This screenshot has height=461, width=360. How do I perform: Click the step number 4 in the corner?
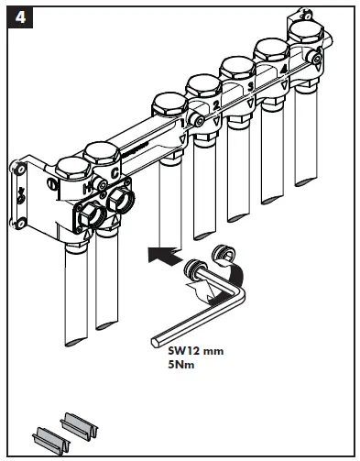pyautogui.click(x=20, y=17)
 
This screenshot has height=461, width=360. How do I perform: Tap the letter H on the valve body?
pyautogui.click(x=87, y=189)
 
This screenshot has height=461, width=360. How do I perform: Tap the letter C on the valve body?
pyautogui.click(x=115, y=173)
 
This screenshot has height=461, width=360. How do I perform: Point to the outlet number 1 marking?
pyautogui.click(x=182, y=124)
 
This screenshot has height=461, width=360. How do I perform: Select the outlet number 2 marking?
pyautogui.click(x=216, y=105)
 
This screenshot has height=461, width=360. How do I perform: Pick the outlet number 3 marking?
pyautogui.click(x=250, y=87)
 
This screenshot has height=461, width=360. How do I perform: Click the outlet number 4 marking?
pyautogui.click(x=284, y=70)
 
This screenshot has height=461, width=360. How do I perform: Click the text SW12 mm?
pyautogui.click(x=196, y=351)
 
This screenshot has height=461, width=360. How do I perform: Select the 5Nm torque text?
pyautogui.click(x=181, y=365)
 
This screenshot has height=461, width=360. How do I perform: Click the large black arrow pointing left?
pyautogui.click(x=164, y=255)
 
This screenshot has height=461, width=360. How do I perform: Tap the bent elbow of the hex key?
pyautogui.click(x=239, y=292)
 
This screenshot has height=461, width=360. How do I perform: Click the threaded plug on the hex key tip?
pyautogui.click(x=194, y=269)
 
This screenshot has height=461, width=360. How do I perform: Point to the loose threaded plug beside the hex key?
pyautogui.click(x=224, y=254)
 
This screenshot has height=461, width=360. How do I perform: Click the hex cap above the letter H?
pyautogui.click(x=72, y=168)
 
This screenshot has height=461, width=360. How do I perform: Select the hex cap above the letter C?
pyautogui.click(x=102, y=154)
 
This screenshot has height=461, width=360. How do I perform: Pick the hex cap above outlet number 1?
pyautogui.click(x=169, y=104)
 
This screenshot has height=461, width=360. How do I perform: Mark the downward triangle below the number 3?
pyautogui.click(x=250, y=103)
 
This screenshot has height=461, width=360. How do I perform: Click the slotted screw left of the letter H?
pyautogui.click(x=50, y=183)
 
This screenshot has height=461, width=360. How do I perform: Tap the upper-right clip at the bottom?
pyautogui.click(x=79, y=426)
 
